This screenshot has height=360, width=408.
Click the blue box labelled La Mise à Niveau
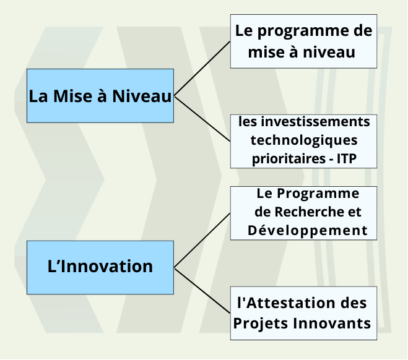[x=100, y=96]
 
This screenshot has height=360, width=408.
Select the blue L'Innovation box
[x=100, y=267]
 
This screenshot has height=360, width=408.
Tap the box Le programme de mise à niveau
[x=303, y=41]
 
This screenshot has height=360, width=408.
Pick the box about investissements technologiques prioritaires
[x=303, y=140]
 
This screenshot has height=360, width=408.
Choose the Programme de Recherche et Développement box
[x=303, y=212]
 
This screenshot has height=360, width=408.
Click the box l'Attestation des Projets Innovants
[x=303, y=313]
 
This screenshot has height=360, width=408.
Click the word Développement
[x=308, y=231]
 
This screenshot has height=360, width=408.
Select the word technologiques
[x=304, y=140]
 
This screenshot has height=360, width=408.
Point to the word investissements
[x=304, y=122]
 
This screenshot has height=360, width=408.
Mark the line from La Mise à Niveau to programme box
[x=202, y=69]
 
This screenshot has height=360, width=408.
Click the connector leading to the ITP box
[x=202, y=118]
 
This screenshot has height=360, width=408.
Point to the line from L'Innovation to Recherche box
[x=202, y=241]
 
